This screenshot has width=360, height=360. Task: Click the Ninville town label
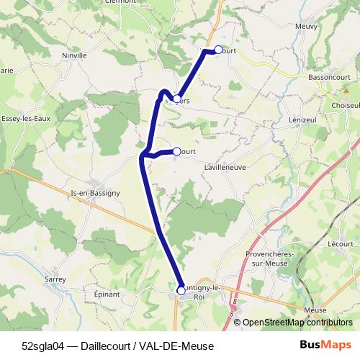point(74,55)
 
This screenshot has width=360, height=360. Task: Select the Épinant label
point(107,294)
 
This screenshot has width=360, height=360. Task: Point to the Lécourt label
point(340,244)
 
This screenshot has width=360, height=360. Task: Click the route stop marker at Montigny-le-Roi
point(181,290)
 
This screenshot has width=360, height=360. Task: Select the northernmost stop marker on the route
point(218,50)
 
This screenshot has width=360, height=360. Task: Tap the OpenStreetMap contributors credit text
point(298,323)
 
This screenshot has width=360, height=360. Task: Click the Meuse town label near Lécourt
point(315,310)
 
